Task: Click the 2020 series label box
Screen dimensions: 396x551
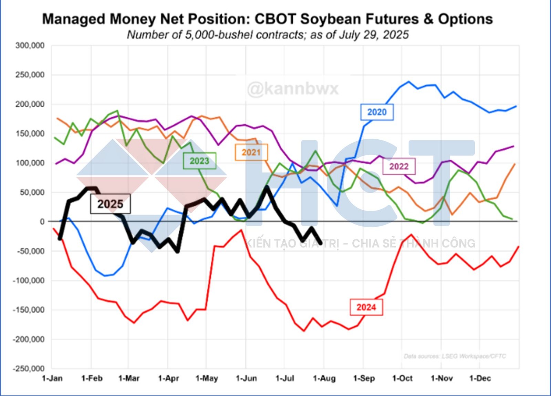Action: (377, 112)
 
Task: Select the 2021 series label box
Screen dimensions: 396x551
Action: (251, 152)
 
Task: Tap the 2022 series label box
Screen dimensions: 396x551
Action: (399, 167)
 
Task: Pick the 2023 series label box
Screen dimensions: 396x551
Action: (199, 161)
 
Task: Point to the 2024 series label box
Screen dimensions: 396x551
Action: (366, 307)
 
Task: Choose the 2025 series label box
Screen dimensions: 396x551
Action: (110, 204)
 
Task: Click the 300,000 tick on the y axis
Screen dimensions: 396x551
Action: (30, 46)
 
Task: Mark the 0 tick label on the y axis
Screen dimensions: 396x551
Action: (42, 221)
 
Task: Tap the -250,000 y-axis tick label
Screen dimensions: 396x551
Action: (29, 369)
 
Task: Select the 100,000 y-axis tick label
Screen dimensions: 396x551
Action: (30, 163)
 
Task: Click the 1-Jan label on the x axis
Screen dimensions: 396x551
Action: (52, 378)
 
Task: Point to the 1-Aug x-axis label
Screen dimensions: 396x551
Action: (324, 378)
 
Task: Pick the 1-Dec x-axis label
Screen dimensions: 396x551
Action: (480, 378)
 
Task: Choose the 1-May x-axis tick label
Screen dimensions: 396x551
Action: (207, 378)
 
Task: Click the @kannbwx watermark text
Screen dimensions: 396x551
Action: (293, 89)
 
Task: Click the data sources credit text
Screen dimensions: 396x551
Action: (455, 356)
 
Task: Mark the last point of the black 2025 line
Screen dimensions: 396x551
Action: (321, 243)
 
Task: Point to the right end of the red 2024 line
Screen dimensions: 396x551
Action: (518, 247)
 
